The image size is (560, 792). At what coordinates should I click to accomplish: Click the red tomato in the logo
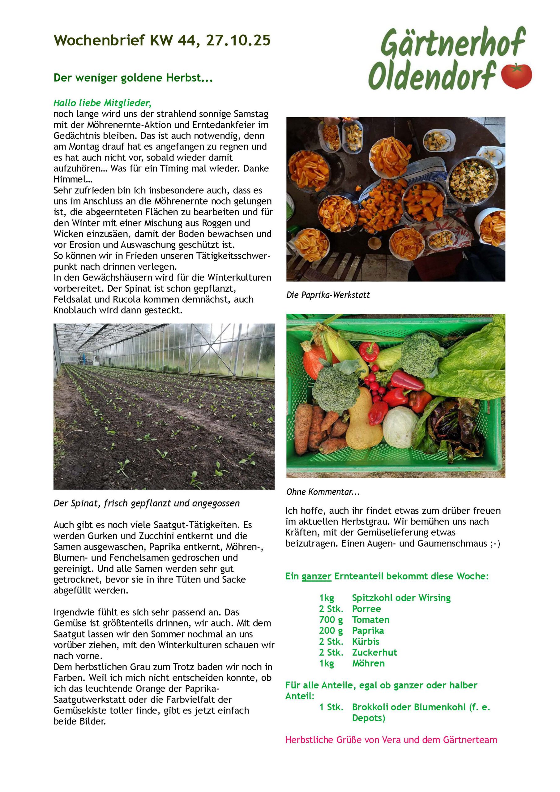point(516,75)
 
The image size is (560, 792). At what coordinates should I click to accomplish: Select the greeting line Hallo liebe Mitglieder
point(102,103)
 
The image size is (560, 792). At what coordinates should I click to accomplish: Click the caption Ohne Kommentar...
point(323,492)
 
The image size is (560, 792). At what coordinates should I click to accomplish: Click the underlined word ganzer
point(316,576)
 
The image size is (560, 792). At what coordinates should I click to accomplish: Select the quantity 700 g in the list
point(331,620)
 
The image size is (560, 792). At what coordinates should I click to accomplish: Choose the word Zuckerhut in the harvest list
point(374,652)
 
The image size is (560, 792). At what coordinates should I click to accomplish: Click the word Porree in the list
point(366,609)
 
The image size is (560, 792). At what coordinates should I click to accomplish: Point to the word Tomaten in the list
point(371,620)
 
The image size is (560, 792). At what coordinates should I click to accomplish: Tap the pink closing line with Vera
point(391,740)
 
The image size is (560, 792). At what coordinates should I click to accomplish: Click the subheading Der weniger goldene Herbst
point(133,78)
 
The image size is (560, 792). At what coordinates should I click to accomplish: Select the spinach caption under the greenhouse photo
point(146,503)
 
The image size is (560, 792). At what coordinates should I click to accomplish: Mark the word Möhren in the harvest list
point(368,663)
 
